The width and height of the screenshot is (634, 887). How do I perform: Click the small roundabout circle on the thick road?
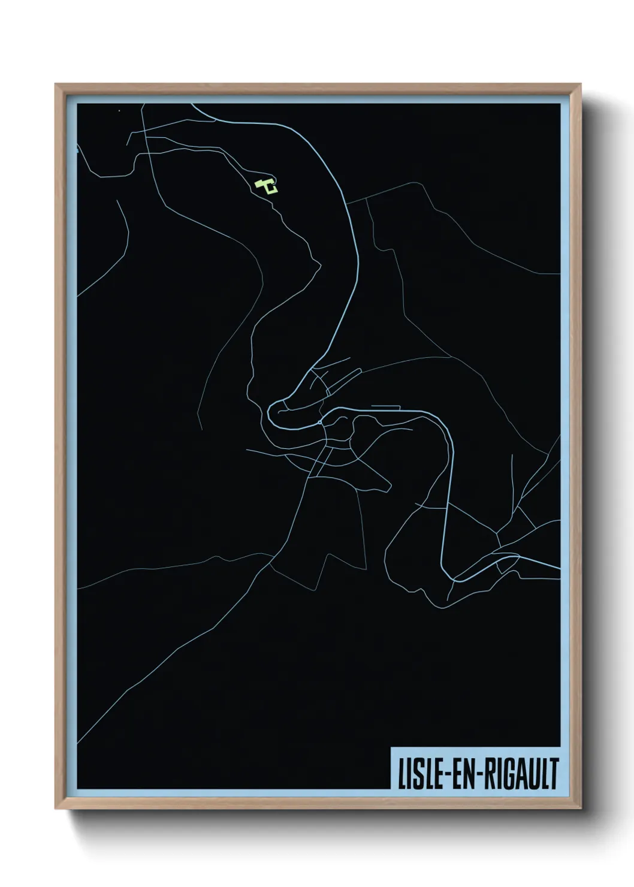321,423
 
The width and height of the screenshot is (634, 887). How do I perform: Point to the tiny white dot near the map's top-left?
119,111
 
